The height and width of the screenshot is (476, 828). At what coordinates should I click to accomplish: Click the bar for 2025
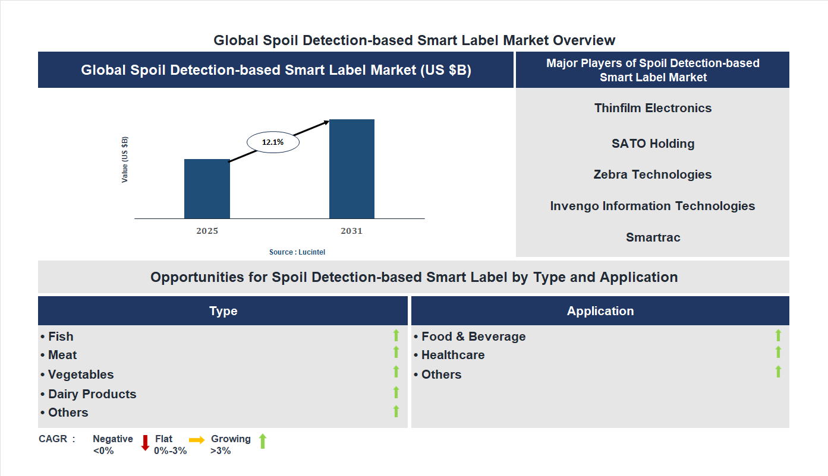pyautogui.click(x=207, y=189)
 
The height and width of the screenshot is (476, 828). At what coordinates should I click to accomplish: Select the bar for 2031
pyautogui.click(x=352, y=169)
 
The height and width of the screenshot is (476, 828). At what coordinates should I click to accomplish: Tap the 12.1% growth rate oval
pyautogui.click(x=273, y=142)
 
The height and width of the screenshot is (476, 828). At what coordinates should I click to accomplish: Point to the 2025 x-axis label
pyautogui.click(x=207, y=231)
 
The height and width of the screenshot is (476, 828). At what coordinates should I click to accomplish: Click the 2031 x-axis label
pyautogui.click(x=351, y=231)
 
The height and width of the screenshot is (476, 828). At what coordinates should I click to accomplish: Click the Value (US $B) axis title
pyautogui.click(x=125, y=160)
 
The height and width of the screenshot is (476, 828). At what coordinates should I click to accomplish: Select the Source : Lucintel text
pyautogui.click(x=297, y=252)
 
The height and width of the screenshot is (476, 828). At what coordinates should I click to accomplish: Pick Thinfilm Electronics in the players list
pyautogui.click(x=653, y=108)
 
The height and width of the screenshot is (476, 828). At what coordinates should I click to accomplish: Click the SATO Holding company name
pyautogui.click(x=653, y=144)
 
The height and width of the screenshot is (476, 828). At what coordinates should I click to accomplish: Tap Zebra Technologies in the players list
pyautogui.click(x=653, y=174)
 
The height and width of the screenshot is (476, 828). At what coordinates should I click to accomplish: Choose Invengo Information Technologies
pyautogui.click(x=653, y=206)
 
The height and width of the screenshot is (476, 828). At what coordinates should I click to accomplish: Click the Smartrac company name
pyautogui.click(x=653, y=237)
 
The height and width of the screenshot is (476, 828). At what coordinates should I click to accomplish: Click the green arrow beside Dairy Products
pyautogui.click(x=396, y=392)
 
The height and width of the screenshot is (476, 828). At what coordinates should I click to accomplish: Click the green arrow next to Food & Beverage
pyautogui.click(x=778, y=335)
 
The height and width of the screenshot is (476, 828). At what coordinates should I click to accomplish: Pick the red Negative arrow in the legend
pyautogui.click(x=145, y=443)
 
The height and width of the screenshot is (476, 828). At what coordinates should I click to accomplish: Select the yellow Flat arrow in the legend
pyautogui.click(x=197, y=440)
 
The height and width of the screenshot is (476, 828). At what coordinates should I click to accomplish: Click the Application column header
pyautogui.click(x=600, y=311)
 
